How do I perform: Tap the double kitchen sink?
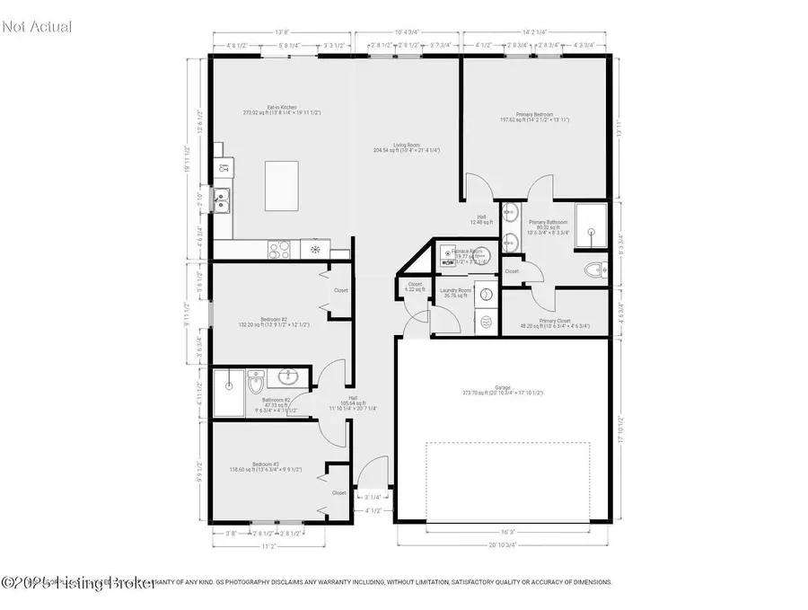pos(221,199)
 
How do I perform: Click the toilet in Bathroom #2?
pos(255,385)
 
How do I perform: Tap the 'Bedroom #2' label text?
pos(274,320)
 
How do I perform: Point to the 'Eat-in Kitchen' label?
pos(281,108)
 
